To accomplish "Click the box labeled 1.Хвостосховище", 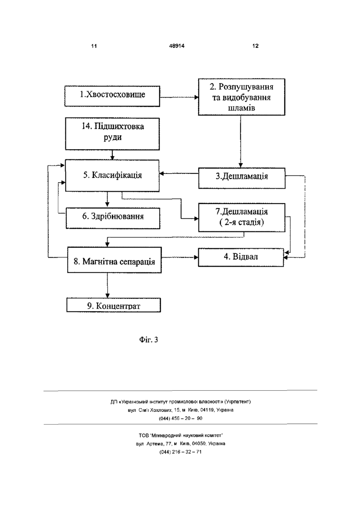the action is pos(112,96).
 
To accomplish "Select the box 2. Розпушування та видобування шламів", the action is pos(241,97).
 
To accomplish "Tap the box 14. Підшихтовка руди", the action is pos(112,134).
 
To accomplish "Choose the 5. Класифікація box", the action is pos(112,176).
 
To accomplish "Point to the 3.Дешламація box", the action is pos(242,178).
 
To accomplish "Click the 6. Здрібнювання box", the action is pos(113,218).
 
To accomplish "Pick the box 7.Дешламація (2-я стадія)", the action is pos(242,218).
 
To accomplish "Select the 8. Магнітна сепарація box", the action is pos(114,260).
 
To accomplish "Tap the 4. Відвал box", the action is pos(241,257).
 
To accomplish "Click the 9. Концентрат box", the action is pos(114,305).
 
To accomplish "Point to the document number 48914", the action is pos(177,46).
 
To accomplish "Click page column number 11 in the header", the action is pos(94,46).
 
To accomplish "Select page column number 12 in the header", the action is pos(256,46).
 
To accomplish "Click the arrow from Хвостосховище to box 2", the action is pos(179,98).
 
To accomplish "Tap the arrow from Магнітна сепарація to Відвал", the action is pos(180,257).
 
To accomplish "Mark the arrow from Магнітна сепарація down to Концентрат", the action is pos(108,285).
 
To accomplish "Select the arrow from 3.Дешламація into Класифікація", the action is pos(179,174).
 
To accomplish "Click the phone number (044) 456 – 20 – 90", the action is pos(180,418).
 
